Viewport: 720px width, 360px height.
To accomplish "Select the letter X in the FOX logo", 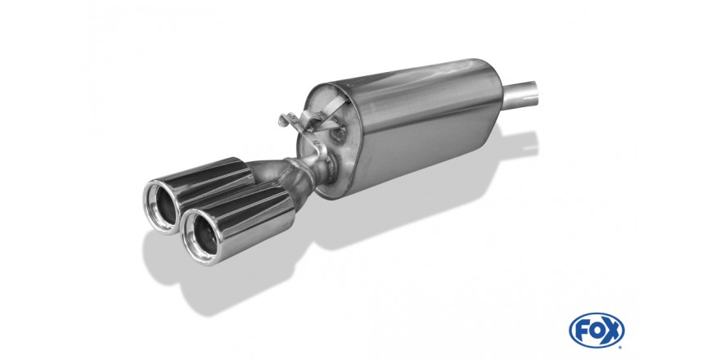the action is coord(611,330).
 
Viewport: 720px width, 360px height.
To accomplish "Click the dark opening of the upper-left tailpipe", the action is coord(165,205).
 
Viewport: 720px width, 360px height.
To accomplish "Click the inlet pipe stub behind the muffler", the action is coord(520,96).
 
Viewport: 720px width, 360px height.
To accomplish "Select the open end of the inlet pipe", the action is coord(531,91).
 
